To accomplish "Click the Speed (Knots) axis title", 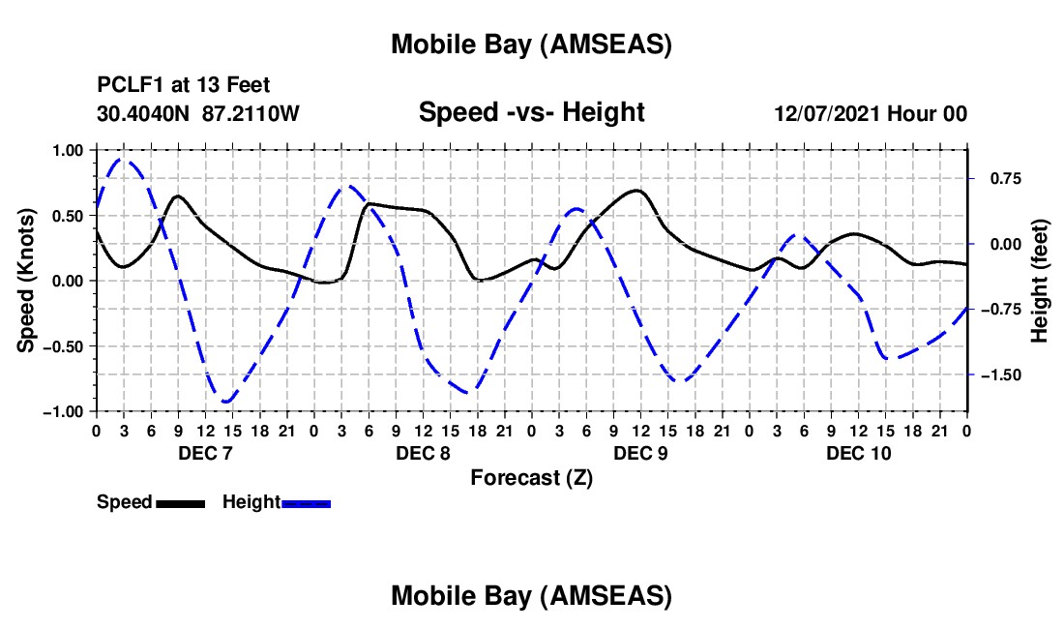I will click(x=28, y=281).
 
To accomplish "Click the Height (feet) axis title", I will click(x=1040, y=281).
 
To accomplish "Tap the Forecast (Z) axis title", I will click(x=531, y=477).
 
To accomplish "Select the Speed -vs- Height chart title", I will click(x=531, y=113).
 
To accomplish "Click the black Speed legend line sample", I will click(x=180, y=503).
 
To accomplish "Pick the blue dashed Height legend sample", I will click(x=306, y=503).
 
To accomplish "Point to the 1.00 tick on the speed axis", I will click(x=69, y=150).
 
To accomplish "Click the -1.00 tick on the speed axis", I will click(x=65, y=411).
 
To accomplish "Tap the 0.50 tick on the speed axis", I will click(x=69, y=216).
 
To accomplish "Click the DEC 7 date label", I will click(x=205, y=453).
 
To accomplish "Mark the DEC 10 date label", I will click(x=858, y=453).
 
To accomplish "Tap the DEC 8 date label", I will click(x=423, y=453).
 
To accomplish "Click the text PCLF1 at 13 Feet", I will click(x=184, y=85).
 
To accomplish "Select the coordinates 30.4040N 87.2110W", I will click(x=198, y=114).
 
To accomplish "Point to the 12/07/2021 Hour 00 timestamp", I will click(x=871, y=114).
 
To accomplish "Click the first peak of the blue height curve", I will click(x=122, y=160).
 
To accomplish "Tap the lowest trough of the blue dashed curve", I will click(x=225, y=401).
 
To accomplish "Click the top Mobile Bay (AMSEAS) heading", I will click(x=531, y=45).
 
